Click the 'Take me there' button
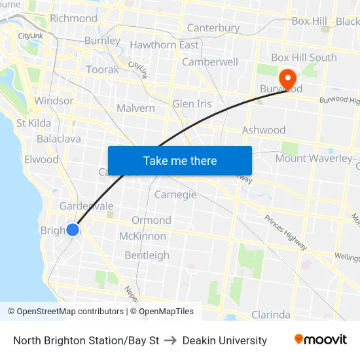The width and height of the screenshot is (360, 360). point(180,160)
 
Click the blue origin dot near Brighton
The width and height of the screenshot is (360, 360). point(73,230)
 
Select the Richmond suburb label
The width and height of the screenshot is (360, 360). point(73,18)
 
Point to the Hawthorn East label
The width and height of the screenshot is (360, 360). point(164,45)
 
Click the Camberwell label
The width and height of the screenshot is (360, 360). point(210,62)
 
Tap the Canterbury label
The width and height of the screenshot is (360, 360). point(213,28)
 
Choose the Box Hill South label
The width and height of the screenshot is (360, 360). point(304,58)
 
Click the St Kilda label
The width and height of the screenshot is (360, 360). point(34,123)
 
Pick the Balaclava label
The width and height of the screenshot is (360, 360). point(59,139)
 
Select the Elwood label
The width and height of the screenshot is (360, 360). point(41,159)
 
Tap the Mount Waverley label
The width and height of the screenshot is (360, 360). point(314,158)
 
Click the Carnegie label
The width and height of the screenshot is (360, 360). point(175,194)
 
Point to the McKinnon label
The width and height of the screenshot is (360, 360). point(143,236)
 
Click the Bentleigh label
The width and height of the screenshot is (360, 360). point(147,255)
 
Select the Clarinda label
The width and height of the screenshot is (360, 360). point(270,315)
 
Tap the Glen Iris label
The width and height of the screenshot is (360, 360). point(192,104)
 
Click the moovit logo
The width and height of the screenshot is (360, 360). point(320,340)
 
